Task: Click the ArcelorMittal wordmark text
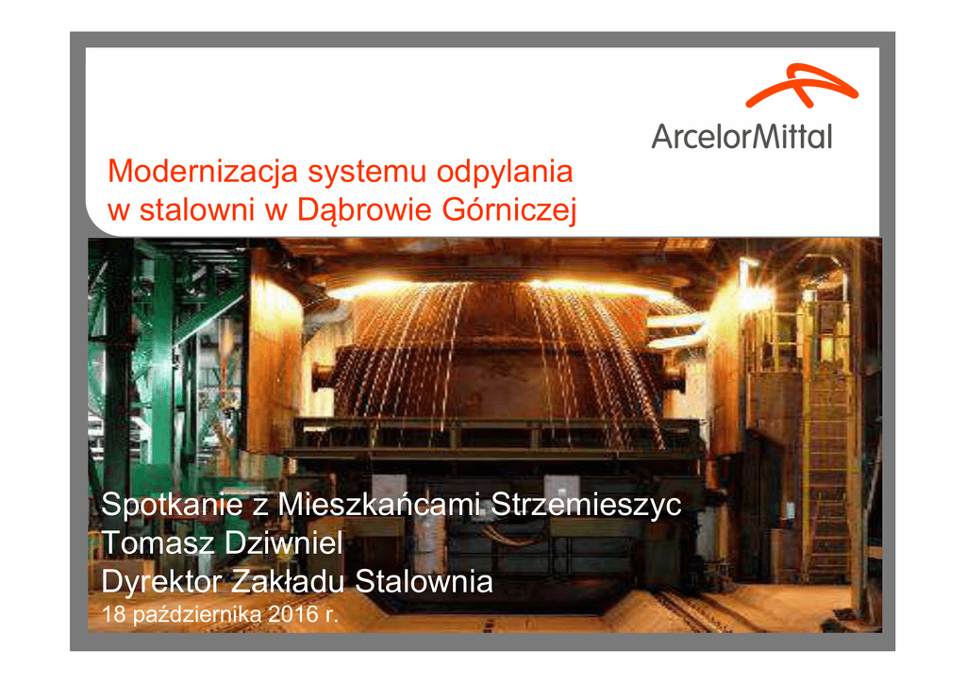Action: tap(741, 136)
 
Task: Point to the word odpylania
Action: tap(505, 173)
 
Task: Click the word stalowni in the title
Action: tap(197, 209)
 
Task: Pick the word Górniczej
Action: tap(508, 211)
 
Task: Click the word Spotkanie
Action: tap(172, 505)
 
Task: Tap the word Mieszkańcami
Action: tap(378, 505)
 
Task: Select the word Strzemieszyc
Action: tap(586, 505)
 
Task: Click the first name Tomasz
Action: tap(158, 543)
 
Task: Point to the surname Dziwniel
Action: tap(283, 542)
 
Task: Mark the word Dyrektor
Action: tap(161, 582)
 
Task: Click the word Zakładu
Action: tap(288, 581)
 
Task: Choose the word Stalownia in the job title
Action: tap(424, 581)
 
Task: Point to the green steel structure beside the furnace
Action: tap(166, 358)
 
